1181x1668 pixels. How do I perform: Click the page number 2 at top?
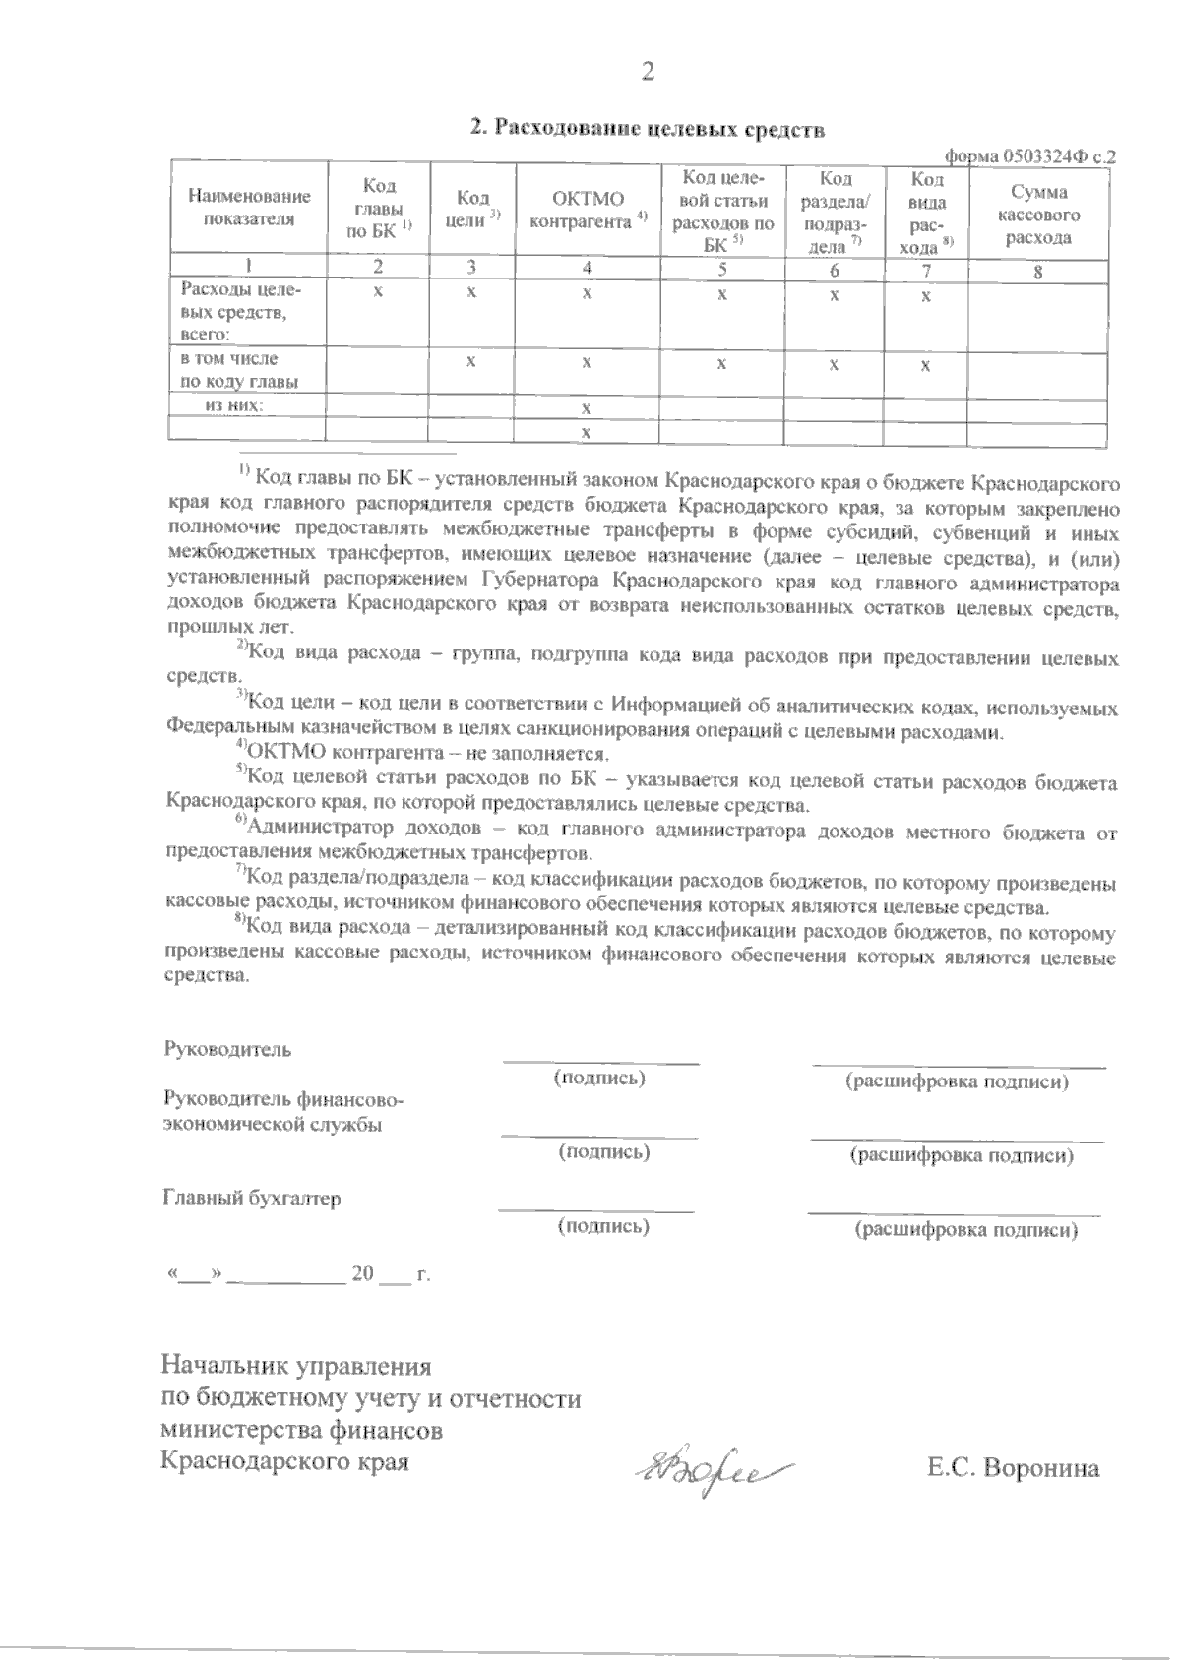(647, 71)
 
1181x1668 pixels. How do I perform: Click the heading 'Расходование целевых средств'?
(646, 128)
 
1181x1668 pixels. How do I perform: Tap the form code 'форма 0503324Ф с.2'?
(1029, 155)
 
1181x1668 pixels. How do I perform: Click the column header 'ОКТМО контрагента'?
(588, 210)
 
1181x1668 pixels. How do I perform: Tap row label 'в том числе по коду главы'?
(239, 370)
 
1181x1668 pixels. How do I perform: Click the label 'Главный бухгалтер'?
(251, 1198)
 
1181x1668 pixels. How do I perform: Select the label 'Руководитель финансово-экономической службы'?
(280, 1111)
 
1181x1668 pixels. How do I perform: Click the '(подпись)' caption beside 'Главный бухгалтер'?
(603, 1225)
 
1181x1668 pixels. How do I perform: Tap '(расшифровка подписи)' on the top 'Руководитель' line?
(957, 1081)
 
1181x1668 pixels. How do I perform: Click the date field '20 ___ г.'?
(391, 1273)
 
